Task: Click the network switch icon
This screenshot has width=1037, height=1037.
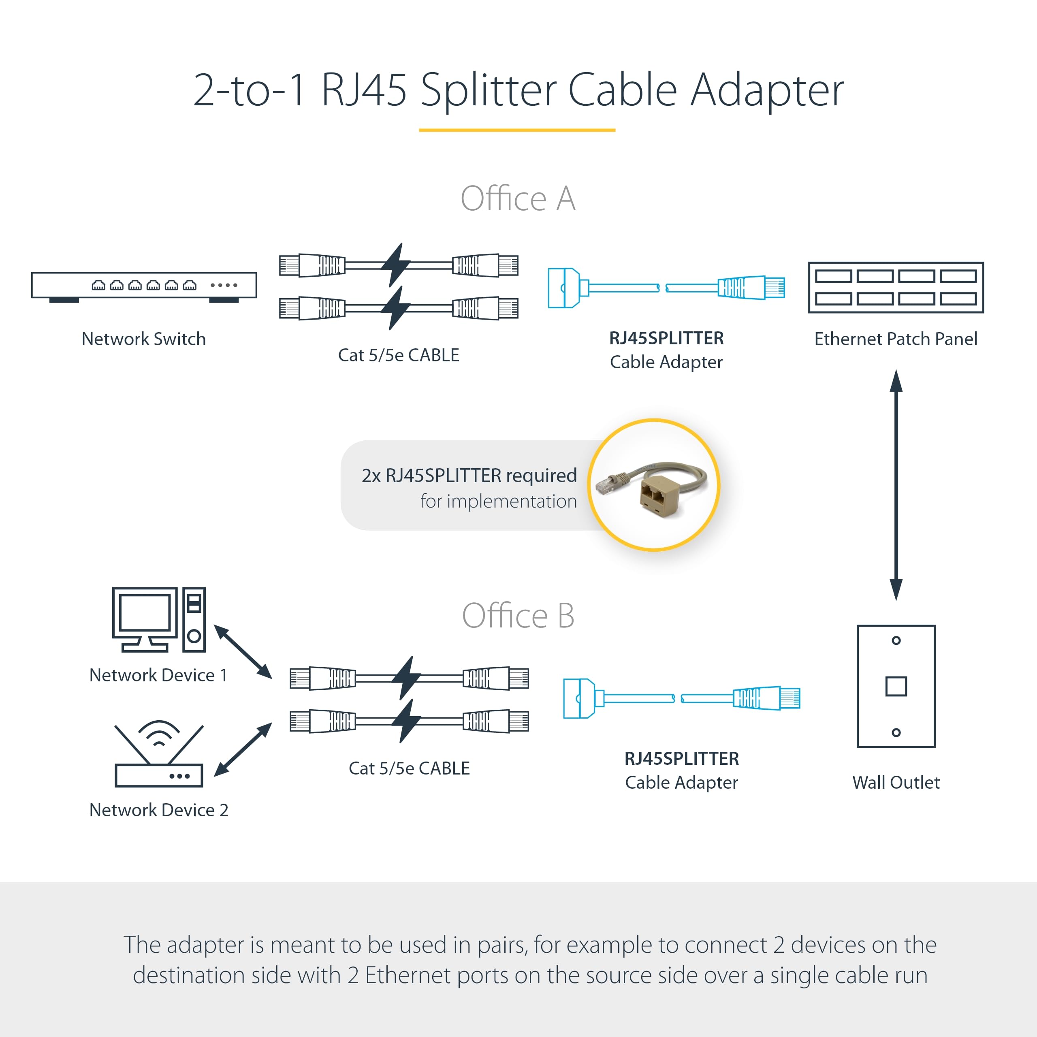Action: pos(144,286)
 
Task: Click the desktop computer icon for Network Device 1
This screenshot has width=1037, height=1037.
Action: pos(158,619)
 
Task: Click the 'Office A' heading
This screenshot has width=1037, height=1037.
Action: pos(518,198)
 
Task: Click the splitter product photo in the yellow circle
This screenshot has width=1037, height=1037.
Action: pos(653,485)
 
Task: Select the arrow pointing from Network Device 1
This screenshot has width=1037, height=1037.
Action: pos(243,652)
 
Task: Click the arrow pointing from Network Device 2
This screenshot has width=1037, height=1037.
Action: pos(243,749)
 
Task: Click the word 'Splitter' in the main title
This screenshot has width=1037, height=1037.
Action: pos(489,90)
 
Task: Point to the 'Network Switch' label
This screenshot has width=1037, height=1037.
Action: pos(143,339)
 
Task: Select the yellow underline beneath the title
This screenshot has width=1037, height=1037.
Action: pos(517,130)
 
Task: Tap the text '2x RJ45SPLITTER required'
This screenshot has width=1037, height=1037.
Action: pos(469,476)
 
